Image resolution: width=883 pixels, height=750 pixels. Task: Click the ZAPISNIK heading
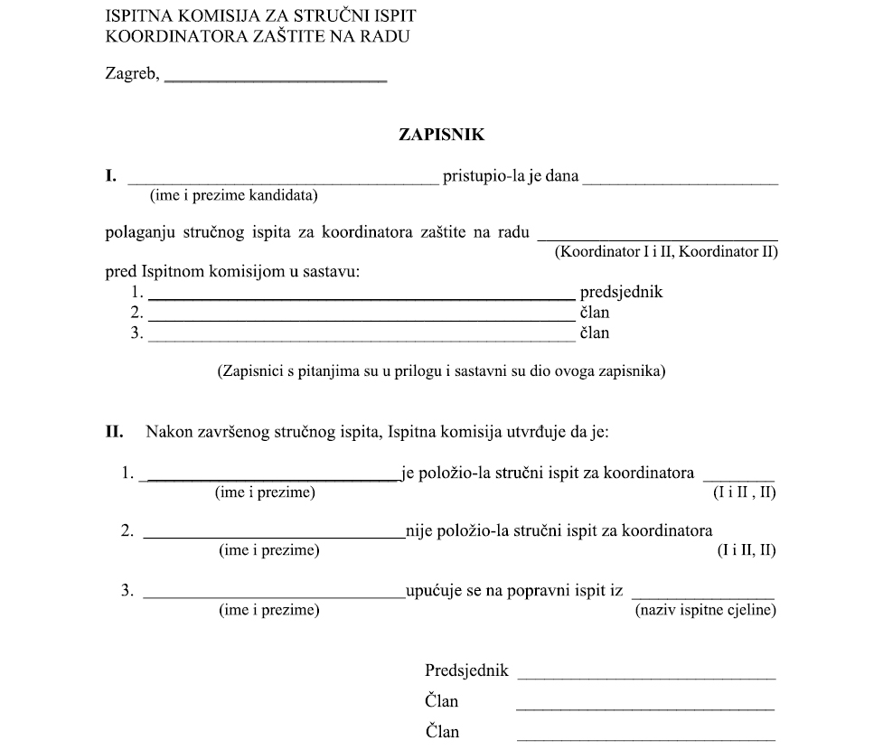(x=442, y=135)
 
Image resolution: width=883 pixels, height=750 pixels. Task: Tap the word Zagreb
(x=132, y=75)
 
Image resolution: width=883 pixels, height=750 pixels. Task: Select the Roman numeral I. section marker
(x=111, y=176)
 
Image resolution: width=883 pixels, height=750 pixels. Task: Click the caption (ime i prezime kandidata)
(x=233, y=194)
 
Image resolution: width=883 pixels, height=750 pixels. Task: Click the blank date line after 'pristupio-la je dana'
(x=680, y=183)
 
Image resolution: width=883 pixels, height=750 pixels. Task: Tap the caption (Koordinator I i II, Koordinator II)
(x=666, y=251)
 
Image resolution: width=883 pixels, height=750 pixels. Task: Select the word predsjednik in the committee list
(x=621, y=293)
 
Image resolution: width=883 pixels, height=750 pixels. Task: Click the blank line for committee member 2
(x=360, y=320)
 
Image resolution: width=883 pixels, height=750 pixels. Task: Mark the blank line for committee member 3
(x=360, y=341)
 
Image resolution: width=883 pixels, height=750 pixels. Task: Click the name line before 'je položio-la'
(x=268, y=479)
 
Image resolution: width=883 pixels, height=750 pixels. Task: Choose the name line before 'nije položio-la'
(x=273, y=538)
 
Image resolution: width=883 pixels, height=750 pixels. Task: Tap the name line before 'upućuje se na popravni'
(x=273, y=597)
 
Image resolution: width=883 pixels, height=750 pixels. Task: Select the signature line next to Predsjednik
(x=646, y=677)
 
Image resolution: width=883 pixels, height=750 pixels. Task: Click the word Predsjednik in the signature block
(x=466, y=671)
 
